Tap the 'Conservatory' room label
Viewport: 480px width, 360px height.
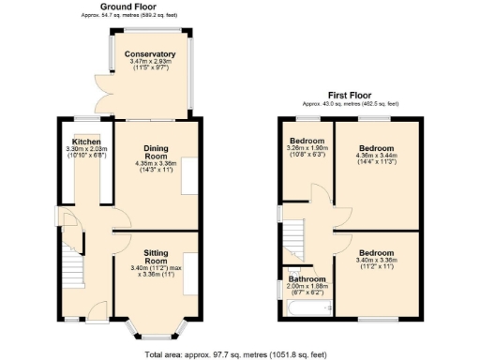[x=151, y=54]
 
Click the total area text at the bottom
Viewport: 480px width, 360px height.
[x=240, y=353]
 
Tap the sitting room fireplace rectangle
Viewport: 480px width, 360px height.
[x=191, y=273]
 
